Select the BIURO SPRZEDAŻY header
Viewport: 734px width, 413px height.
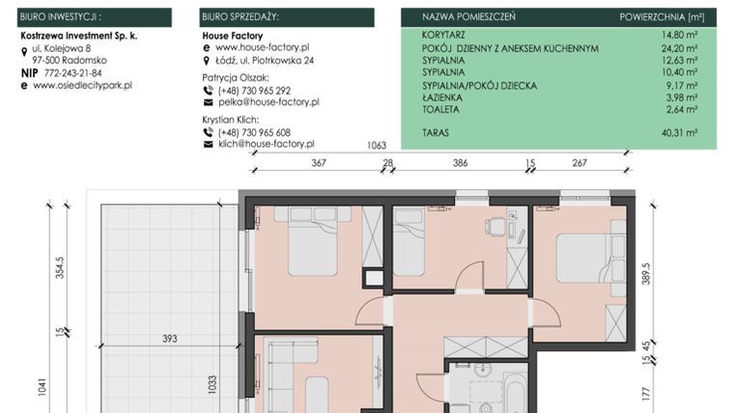point(241,17)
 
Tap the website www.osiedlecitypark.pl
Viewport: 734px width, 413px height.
point(82,85)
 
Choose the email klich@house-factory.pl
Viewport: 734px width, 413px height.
point(266,144)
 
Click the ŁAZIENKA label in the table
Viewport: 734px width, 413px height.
point(441,97)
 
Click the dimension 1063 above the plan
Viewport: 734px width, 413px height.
point(378,146)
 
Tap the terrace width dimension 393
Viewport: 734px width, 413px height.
point(170,338)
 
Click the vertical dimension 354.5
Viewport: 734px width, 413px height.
point(60,266)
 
